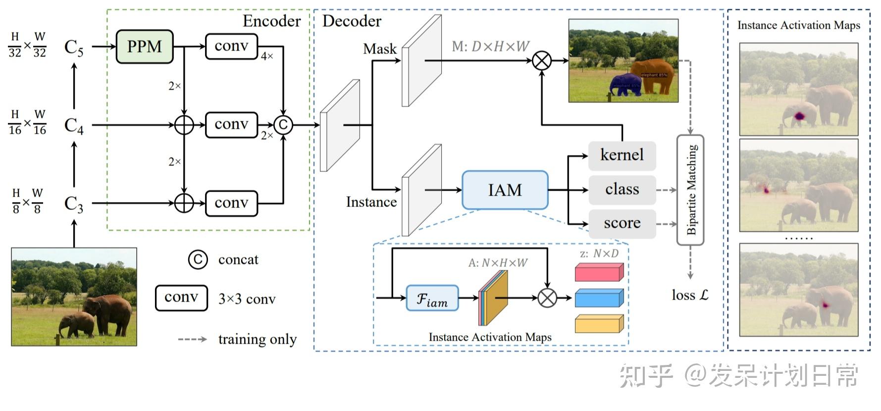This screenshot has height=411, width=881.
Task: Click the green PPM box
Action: click(x=144, y=47)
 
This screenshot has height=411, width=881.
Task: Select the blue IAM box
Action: click(x=505, y=190)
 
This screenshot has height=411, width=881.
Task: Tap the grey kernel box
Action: click(x=622, y=155)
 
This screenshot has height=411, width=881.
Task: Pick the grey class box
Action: click(x=622, y=189)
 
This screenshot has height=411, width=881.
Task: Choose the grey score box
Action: click(x=622, y=223)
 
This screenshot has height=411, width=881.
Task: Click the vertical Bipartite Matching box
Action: click(x=690, y=190)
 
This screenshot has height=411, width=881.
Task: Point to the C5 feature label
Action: click(x=74, y=47)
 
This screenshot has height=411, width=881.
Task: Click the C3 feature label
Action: click(x=74, y=204)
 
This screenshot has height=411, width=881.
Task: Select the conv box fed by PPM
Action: click(x=231, y=46)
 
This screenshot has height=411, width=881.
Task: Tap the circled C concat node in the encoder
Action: click(x=283, y=125)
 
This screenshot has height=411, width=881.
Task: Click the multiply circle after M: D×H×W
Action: click(x=542, y=61)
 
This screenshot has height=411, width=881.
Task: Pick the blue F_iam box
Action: click(x=432, y=298)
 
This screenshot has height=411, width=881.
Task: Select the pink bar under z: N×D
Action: click(x=599, y=272)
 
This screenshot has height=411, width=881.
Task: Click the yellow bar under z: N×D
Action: click(x=599, y=324)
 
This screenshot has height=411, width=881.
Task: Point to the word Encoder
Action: click(x=271, y=21)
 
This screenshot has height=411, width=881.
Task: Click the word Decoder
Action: click(x=352, y=21)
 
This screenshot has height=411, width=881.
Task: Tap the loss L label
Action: click(x=690, y=295)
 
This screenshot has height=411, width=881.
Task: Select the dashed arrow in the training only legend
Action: click(x=192, y=339)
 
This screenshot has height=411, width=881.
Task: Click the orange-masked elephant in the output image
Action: click(x=653, y=76)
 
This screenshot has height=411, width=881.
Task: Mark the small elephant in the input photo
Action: click(x=77, y=324)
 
